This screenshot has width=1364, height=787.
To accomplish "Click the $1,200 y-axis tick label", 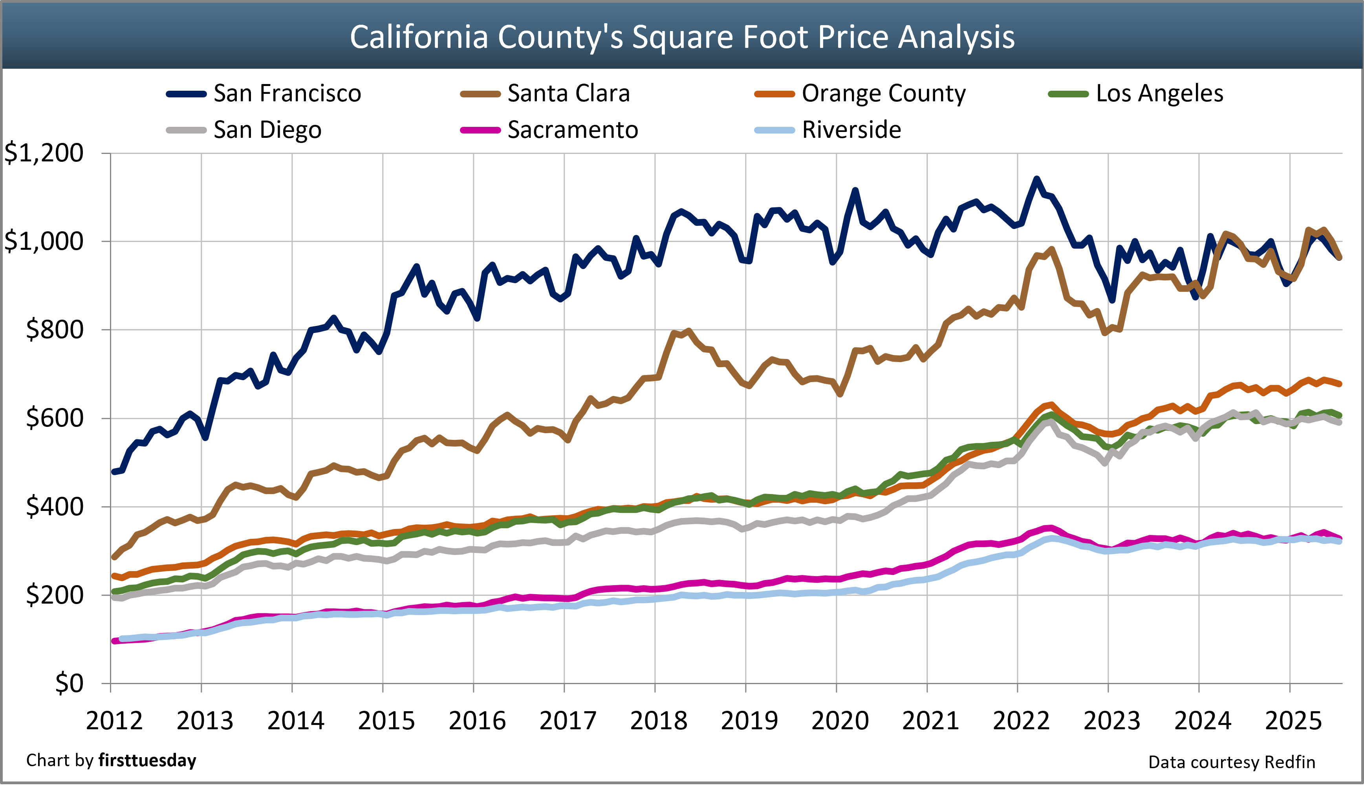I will point(44,153).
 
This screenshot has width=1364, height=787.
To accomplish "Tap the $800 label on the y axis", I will point(55,330).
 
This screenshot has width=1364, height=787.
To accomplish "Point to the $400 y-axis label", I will point(55,507).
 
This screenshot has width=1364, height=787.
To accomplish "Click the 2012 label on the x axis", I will point(114,721).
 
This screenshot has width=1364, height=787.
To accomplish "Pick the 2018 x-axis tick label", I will point(658,721).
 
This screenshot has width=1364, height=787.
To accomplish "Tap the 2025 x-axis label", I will point(1293,721).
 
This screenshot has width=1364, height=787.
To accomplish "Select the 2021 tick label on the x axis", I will point(930,721).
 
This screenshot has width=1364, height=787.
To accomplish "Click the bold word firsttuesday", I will point(147,761).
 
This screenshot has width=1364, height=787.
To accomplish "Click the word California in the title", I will point(420,37).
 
